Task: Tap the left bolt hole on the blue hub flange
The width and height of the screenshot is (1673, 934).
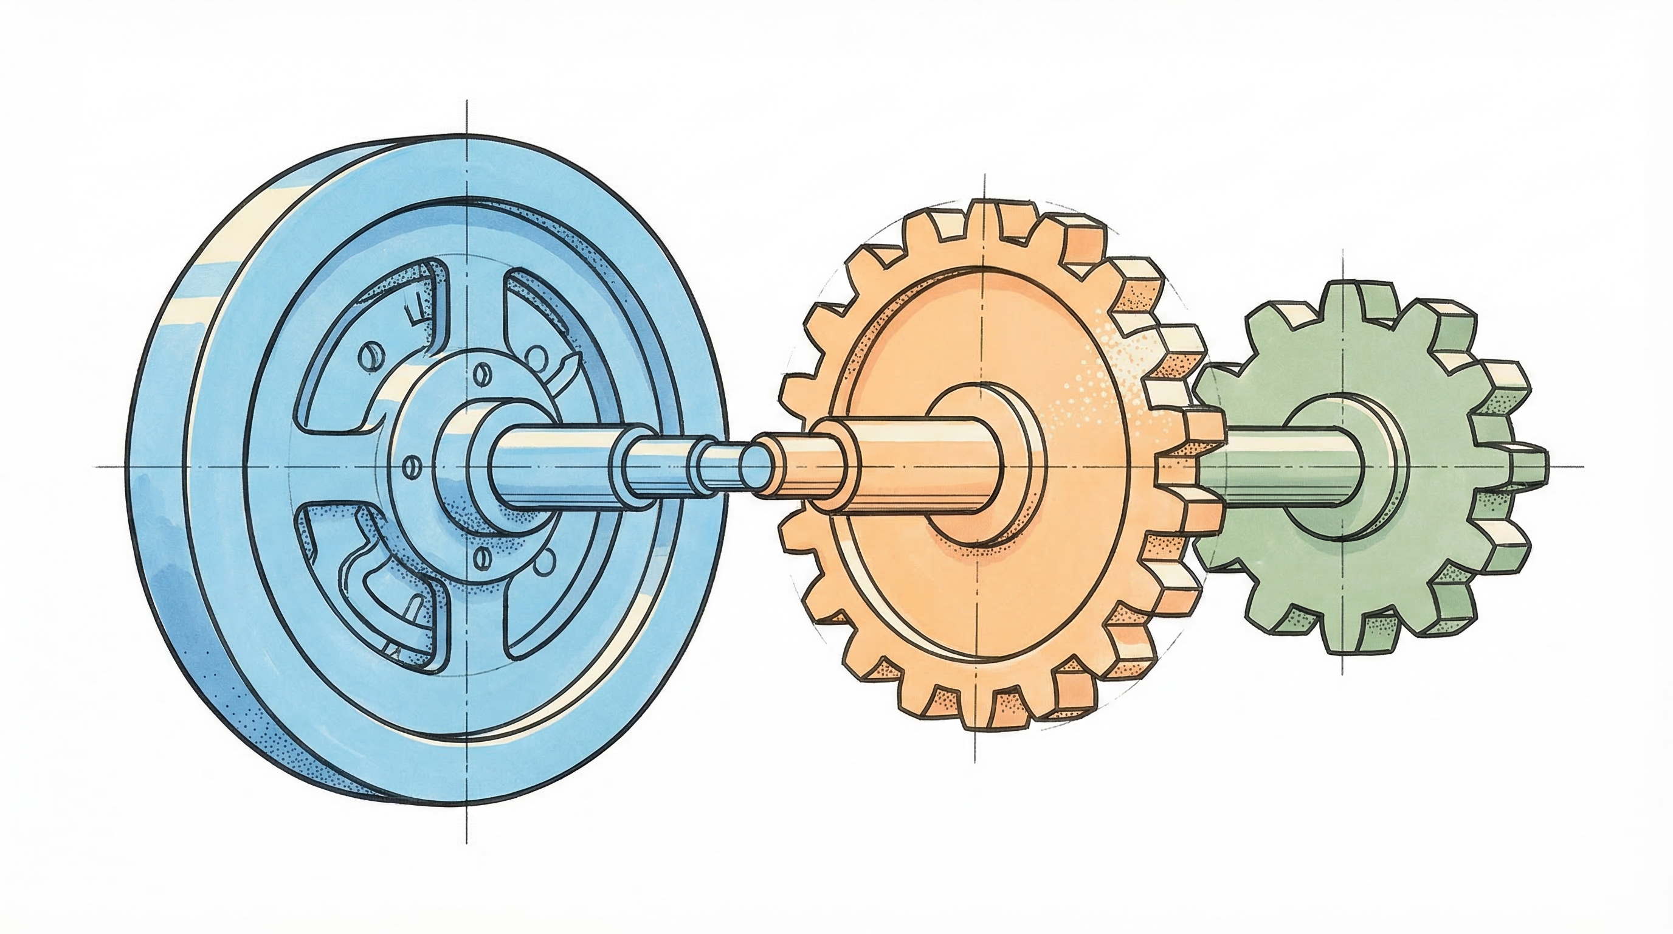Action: [409, 465]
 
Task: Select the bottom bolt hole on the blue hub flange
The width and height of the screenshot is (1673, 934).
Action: [481, 556]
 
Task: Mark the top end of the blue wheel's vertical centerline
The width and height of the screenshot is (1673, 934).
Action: [467, 103]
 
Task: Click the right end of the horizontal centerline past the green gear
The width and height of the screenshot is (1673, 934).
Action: [1581, 466]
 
